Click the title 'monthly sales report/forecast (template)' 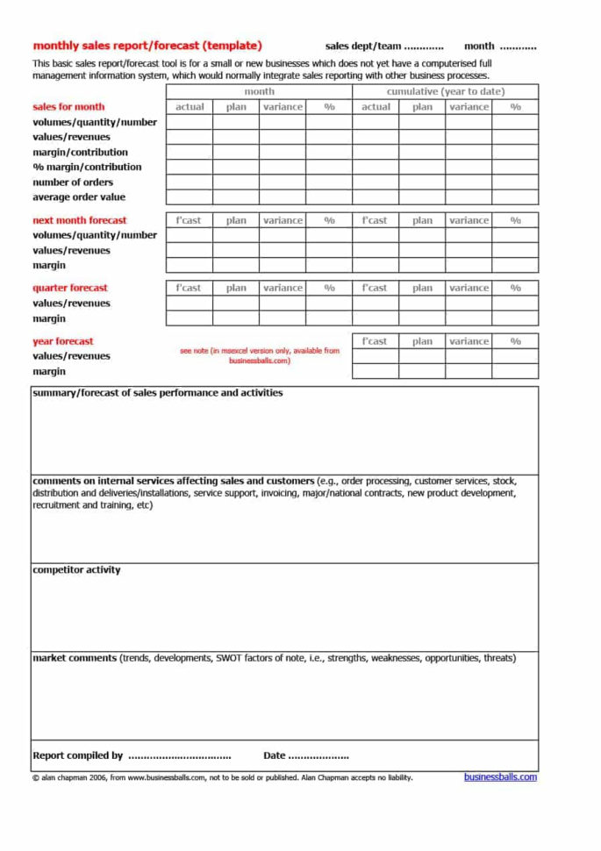pyautogui.click(x=147, y=46)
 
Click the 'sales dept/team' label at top pyautogui.click(x=362, y=46)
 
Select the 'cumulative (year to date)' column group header pyautogui.click(x=445, y=91)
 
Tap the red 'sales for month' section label pyautogui.click(x=68, y=107)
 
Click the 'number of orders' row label pyautogui.click(x=73, y=182)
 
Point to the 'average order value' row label pyautogui.click(x=79, y=197)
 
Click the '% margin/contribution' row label pyautogui.click(x=87, y=167)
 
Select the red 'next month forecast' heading pyautogui.click(x=79, y=220)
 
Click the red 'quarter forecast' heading pyautogui.click(x=70, y=288)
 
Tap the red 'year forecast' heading pyautogui.click(x=62, y=341)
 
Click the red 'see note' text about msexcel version pyautogui.click(x=259, y=355)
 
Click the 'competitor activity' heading pyautogui.click(x=76, y=570)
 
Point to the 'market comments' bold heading pyautogui.click(x=75, y=658)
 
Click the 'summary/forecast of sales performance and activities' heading pyautogui.click(x=158, y=393)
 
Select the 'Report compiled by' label pyautogui.click(x=77, y=755)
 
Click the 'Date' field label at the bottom pyautogui.click(x=274, y=755)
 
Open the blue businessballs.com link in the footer pyautogui.click(x=500, y=776)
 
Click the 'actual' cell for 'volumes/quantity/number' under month pyautogui.click(x=190, y=123)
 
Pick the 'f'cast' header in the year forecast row pyautogui.click(x=375, y=341)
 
